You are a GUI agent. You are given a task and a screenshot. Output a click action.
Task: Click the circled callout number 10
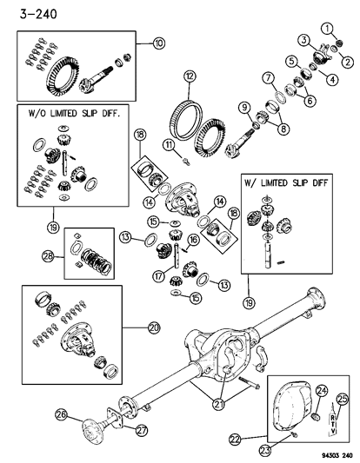(x=159, y=43)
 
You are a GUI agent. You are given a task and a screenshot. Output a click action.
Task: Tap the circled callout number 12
(x=190, y=76)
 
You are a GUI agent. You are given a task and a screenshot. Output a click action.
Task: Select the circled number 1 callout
(x=327, y=29)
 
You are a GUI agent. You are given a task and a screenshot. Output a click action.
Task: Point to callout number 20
(x=154, y=327)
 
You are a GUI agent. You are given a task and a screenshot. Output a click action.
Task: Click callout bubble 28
(x=48, y=256)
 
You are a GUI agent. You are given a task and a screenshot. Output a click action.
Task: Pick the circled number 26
(x=61, y=415)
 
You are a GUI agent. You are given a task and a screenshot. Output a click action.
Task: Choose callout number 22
(x=235, y=440)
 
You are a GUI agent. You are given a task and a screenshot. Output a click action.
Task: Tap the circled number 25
(x=343, y=400)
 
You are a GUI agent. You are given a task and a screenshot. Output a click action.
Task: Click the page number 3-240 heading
(x=38, y=14)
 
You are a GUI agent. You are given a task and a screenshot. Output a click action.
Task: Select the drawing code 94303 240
(x=335, y=454)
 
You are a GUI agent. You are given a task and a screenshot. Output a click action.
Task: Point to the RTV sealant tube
(x=332, y=420)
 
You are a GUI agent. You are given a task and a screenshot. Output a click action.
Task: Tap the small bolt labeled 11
(x=186, y=162)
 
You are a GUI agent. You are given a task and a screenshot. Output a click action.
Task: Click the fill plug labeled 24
(x=317, y=417)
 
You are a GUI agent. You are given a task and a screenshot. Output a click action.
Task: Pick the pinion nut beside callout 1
(x=339, y=43)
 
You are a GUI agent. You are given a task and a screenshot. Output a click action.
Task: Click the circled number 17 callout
(x=159, y=276)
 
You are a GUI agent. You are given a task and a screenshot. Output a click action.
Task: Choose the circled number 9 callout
(x=245, y=108)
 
